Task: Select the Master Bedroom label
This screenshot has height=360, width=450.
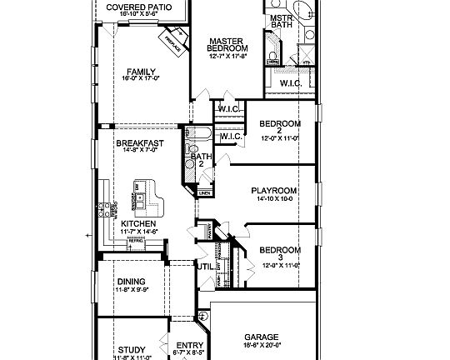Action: tap(225, 44)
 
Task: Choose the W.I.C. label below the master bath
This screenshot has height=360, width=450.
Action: tap(291, 82)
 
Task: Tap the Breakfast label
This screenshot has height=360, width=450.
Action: tap(139, 143)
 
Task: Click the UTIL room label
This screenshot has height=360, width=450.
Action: tap(204, 267)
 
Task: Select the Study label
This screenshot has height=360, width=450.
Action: tap(132, 349)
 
